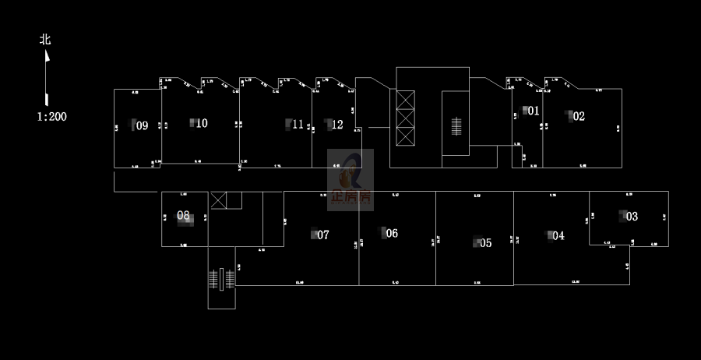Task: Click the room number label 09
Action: click(x=142, y=125)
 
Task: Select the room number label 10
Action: click(x=202, y=122)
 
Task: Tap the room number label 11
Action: click(x=298, y=124)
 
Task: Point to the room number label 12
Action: click(x=337, y=124)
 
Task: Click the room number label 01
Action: click(x=534, y=111)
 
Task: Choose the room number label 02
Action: click(x=579, y=116)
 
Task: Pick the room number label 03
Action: click(x=632, y=216)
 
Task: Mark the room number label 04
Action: click(x=558, y=235)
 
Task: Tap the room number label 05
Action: click(x=486, y=242)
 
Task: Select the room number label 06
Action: click(x=392, y=233)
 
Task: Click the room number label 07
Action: click(x=323, y=235)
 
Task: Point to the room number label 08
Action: click(x=183, y=215)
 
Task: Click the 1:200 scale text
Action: click(x=51, y=116)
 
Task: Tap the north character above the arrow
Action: click(x=45, y=39)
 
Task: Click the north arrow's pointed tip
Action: click(x=46, y=53)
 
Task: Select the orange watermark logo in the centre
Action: click(x=351, y=179)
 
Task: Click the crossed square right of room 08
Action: click(x=219, y=199)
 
